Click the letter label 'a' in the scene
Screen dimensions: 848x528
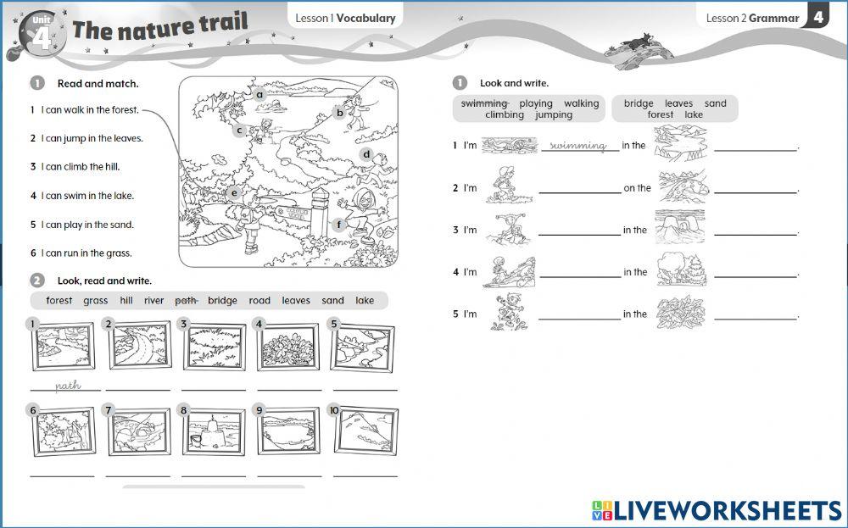[x=259, y=95]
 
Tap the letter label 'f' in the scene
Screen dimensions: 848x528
[x=338, y=225]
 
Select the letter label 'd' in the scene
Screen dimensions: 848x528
[x=366, y=154]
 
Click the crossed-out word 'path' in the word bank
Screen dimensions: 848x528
[x=186, y=301]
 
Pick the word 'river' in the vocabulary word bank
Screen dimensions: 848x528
[x=153, y=301]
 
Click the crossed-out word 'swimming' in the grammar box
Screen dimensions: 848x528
[x=484, y=103]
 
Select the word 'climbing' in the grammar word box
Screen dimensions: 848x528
[x=505, y=114]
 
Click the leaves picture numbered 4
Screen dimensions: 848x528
[x=287, y=347]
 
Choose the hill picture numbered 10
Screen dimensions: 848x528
[x=366, y=431]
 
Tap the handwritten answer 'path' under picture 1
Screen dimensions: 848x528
[x=68, y=386]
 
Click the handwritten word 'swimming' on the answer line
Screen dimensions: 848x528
[x=577, y=146]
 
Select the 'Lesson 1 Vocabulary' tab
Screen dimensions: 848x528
[x=346, y=18]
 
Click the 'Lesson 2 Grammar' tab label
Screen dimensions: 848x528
[x=752, y=18]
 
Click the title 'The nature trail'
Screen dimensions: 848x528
[x=160, y=26]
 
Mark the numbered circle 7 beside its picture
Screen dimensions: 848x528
[x=109, y=410]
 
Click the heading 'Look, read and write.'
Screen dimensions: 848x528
[x=104, y=281]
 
